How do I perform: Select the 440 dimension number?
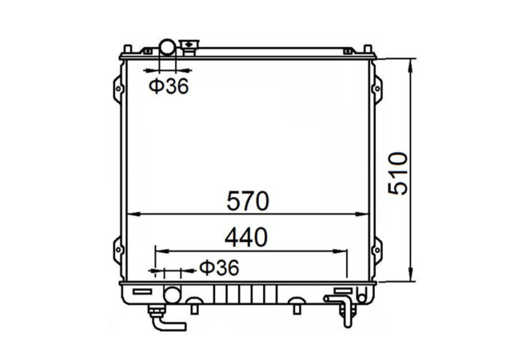pyautogui.click(x=246, y=238)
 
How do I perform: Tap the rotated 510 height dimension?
pyautogui.click(x=398, y=173)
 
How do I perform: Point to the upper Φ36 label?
pyautogui.click(x=168, y=86)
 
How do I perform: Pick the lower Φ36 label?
pyautogui.click(x=218, y=267)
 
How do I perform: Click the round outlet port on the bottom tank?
pyautogui.click(x=172, y=294)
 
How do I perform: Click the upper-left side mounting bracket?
pyautogui.click(x=117, y=87)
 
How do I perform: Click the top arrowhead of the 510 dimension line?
pyautogui.click(x=412, y=63)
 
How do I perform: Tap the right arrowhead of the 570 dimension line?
pyautogui.click(x=366, y=213)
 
